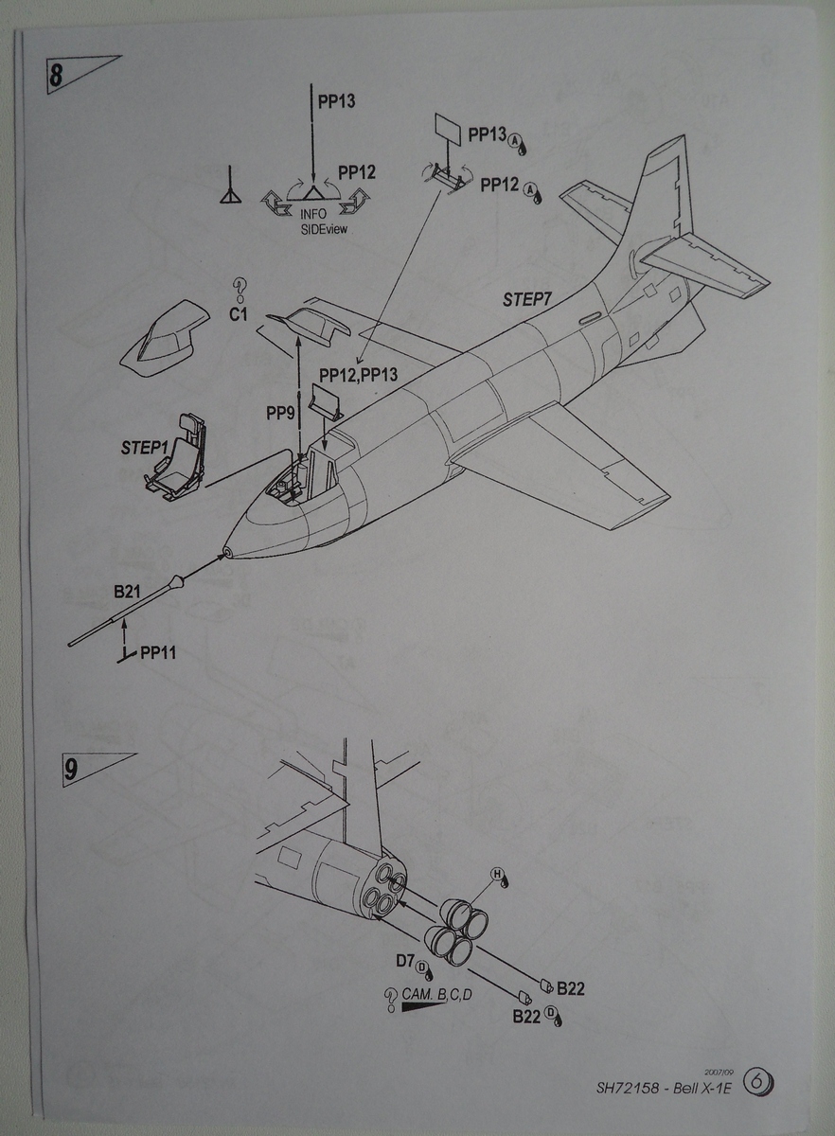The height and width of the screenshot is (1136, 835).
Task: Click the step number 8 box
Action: (x=56, y=76)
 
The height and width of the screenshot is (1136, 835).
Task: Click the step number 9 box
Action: (x=71, y=769)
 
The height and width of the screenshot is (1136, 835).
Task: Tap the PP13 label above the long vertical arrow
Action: (x=336, y=100)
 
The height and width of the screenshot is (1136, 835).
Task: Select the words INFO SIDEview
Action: (x=312, y=221)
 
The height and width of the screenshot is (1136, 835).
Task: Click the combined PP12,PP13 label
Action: (x=358, y=375)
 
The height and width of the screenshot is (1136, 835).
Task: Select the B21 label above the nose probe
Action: (x=127, y=593)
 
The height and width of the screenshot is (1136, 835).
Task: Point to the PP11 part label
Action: (x=158, y=652)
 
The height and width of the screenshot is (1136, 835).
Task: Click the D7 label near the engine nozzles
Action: (x=405, y=961)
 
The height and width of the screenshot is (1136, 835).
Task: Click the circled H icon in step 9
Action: (x=495, y=873)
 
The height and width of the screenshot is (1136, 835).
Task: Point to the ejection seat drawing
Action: (x=178, y=459)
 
